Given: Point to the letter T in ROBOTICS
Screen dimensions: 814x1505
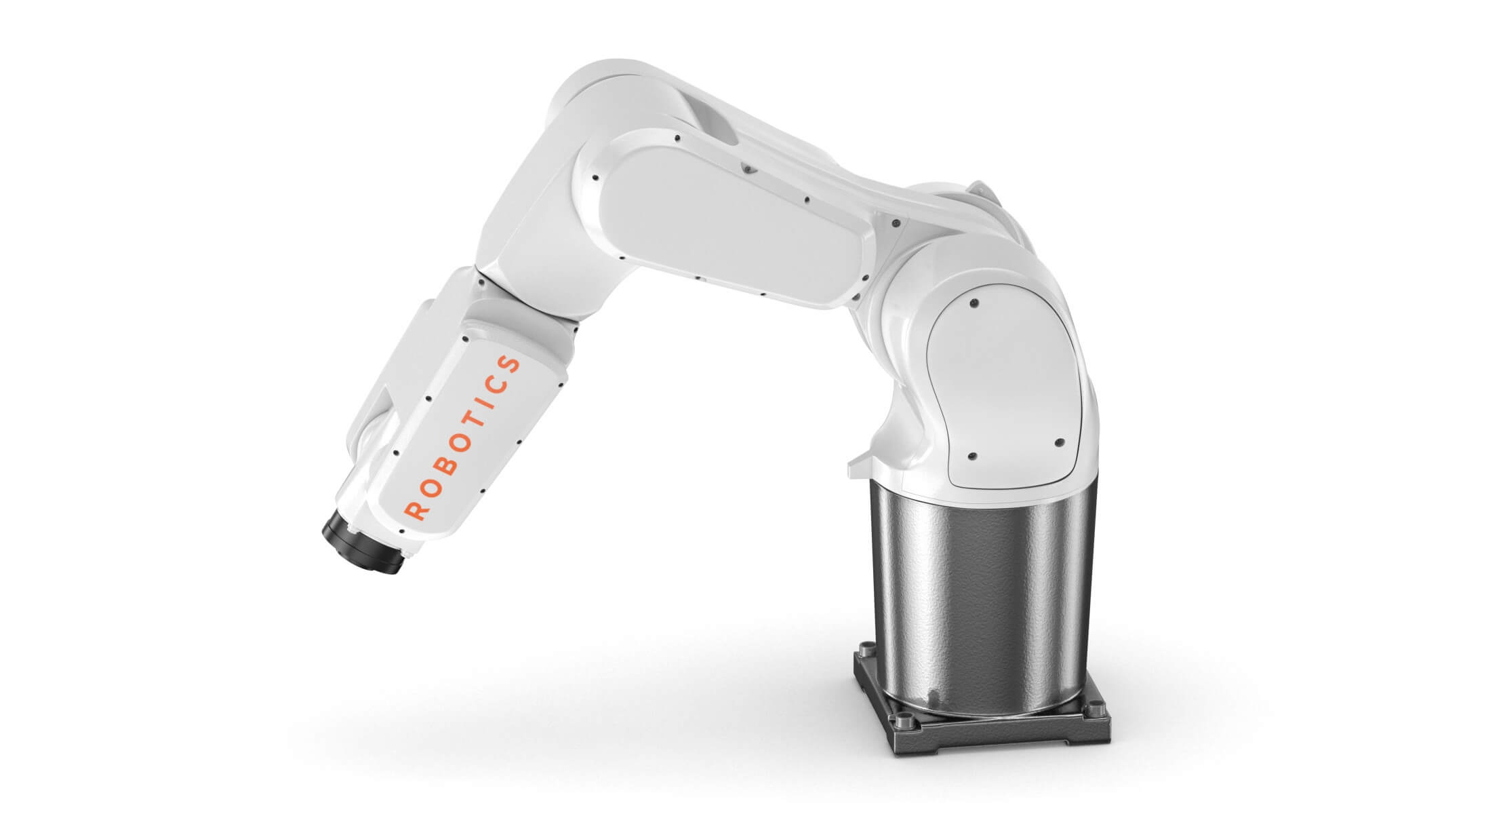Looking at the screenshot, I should [x=478, y=425].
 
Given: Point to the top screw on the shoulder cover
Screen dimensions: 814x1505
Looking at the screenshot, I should [x=975, y=301].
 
